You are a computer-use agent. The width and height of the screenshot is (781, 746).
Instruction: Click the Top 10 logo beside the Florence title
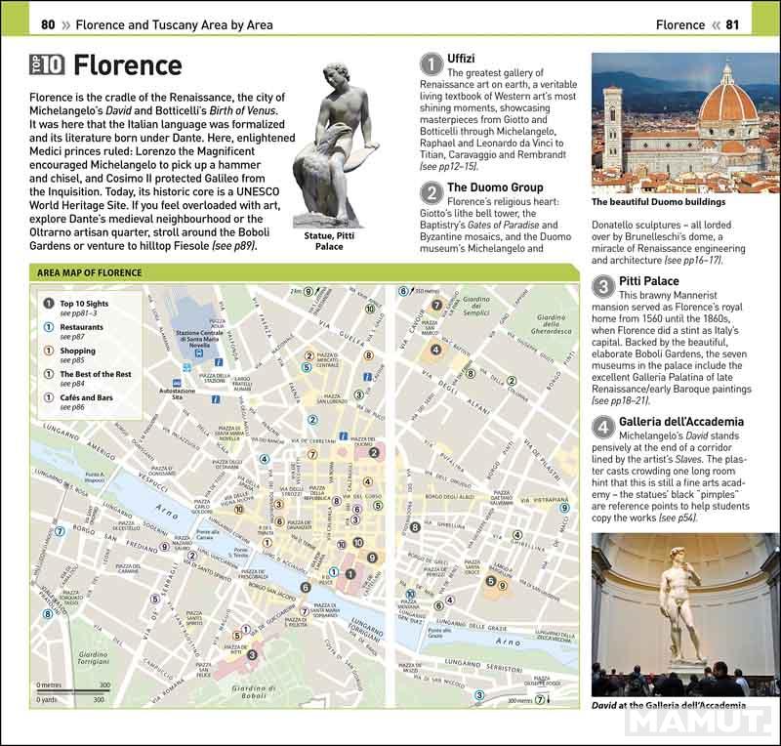point(47,65)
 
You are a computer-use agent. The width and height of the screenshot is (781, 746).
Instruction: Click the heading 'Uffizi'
point(464,59)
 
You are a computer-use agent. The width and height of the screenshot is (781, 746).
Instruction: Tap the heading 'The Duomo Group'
point(495,186)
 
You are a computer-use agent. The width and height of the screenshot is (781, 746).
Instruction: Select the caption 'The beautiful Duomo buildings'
point(658,202)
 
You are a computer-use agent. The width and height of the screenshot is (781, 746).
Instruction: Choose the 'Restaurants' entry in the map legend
point(82,327)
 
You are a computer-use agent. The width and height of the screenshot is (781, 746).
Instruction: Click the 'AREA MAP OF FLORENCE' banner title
point(90,272)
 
